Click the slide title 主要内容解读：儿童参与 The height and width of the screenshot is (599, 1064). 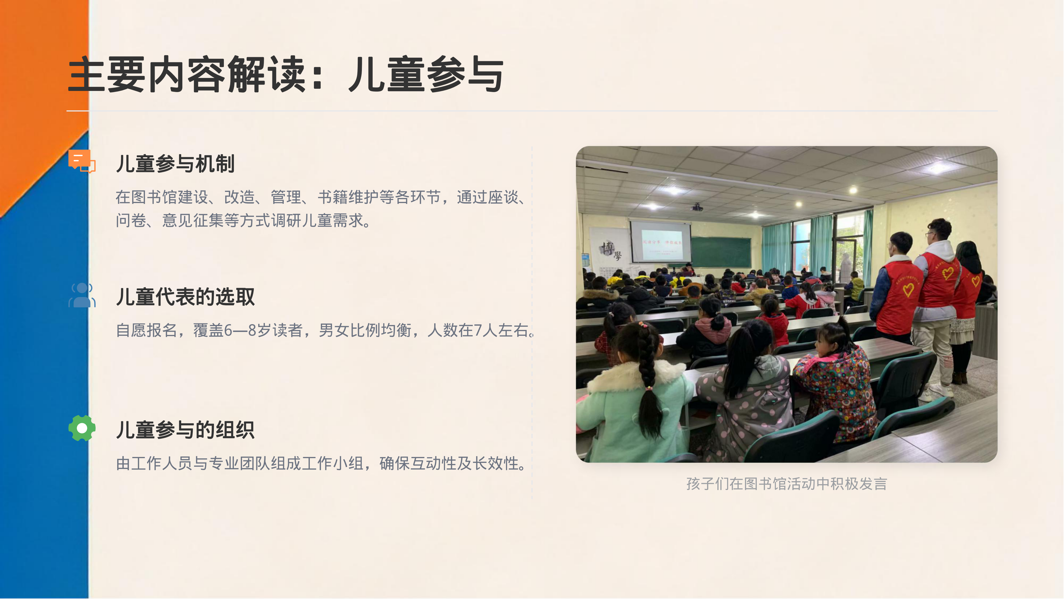(285, 74)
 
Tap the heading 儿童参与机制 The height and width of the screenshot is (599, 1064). (175, 164)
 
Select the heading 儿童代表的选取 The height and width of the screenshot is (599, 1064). (185, 297)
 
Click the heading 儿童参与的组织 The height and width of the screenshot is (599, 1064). (185, 430)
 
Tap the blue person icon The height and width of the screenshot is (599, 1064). (82, 295)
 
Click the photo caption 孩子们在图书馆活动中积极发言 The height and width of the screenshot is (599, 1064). (786, 484)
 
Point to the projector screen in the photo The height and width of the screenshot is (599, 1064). (660, 242)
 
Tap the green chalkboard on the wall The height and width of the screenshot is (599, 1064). (721, 252)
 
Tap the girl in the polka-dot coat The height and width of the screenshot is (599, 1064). (743, 397)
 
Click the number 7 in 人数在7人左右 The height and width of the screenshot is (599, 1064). (478, 330)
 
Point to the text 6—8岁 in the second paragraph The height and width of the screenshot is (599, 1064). (247, 330)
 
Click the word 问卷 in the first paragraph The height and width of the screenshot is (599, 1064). (131, 220)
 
